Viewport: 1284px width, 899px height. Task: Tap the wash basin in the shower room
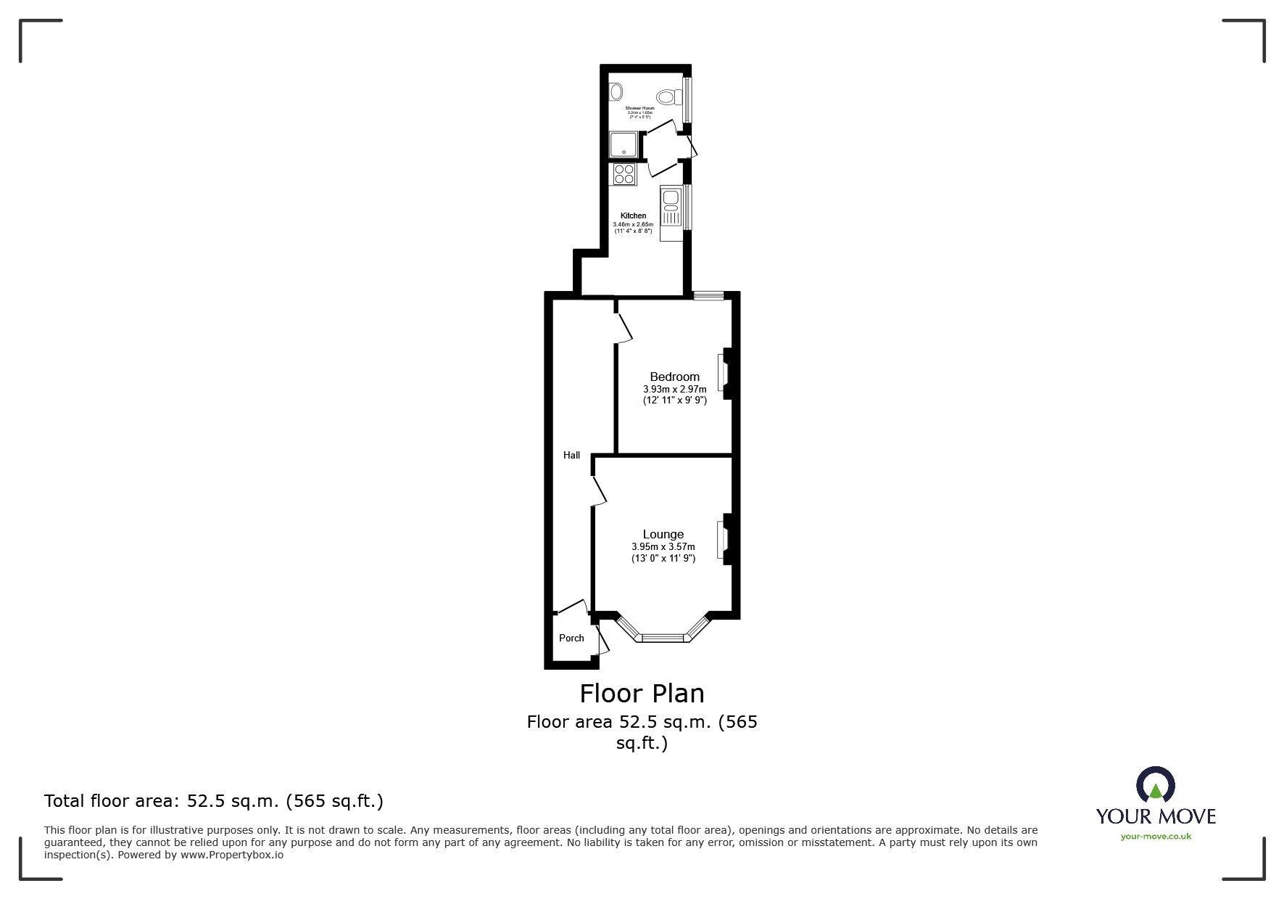pos(616,91)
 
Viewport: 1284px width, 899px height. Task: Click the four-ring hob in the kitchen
pos(624,174)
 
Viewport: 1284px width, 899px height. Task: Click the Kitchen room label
pos(634,215)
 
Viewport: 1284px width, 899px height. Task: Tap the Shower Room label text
pos(640,108)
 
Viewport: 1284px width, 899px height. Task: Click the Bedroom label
pos(674,377)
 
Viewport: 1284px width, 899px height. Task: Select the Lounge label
pos(663,534)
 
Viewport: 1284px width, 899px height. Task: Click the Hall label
pos(571,456)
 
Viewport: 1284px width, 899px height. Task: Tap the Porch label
pos(571,639)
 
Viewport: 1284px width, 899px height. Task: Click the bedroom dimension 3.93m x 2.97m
pos(674,389)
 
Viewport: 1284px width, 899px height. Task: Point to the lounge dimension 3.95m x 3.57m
pos(663,547)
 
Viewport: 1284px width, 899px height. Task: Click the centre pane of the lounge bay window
pos(663,638)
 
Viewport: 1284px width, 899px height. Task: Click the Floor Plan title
pos(642,694)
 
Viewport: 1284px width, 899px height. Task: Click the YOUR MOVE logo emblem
pos(1155,786)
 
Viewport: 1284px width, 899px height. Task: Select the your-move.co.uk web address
pos(1156,837)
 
